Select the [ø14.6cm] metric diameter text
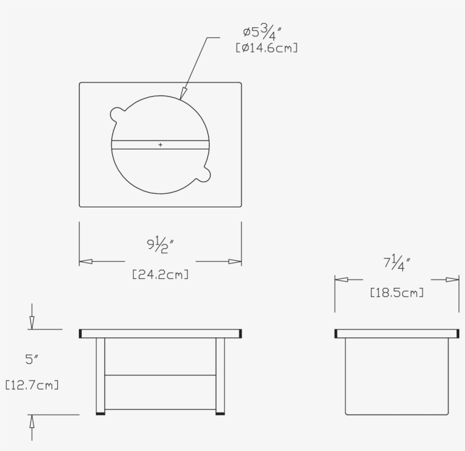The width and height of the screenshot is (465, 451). pos(267,49)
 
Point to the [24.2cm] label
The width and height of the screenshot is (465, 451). pos(160,274)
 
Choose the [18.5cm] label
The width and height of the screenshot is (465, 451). pos(396,293)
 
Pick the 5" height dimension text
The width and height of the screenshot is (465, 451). pos(31,359)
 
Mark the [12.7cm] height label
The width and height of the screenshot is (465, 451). pos(32,385)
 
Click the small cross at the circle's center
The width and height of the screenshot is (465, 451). pos(160,145)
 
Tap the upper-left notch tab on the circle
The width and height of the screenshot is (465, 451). pos(117,113)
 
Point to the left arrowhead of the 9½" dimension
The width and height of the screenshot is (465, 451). pos(86,261)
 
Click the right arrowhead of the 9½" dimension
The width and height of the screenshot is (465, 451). pos(235,261)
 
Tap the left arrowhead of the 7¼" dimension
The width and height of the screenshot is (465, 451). pos(341,279)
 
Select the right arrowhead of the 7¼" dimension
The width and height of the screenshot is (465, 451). pos(452,279)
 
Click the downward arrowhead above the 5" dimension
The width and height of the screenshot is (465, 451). pos(32,322)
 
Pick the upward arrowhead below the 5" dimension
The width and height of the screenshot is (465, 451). pos(32,422)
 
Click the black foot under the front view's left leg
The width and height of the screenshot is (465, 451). pos(101,414)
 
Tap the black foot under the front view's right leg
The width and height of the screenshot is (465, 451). pos(220,414)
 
